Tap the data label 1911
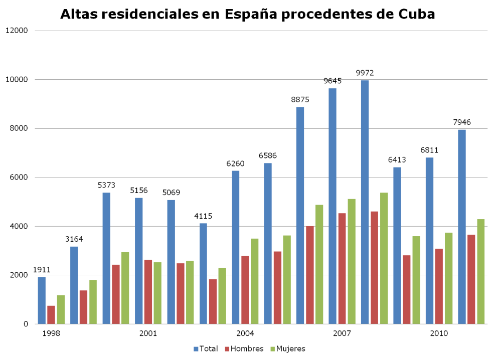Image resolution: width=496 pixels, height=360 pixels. coord(42,270)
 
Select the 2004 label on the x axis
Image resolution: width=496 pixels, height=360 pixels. coord(245,333)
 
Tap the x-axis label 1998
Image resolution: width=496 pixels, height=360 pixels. coord(51,333)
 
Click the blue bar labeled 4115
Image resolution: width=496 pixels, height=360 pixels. coord(203,273)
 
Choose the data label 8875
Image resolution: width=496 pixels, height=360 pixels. coord(300,100)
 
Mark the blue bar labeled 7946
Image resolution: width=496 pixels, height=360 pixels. coord(461,226)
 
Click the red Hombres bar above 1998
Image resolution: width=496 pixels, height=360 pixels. coord(51,314)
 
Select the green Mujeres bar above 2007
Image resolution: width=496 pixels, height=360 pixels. coord(352,261)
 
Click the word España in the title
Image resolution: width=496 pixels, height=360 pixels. coord(249,14)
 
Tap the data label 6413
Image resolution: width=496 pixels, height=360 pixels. coord(397,160)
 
